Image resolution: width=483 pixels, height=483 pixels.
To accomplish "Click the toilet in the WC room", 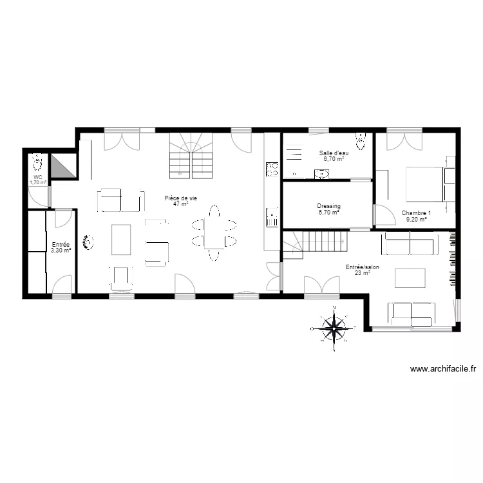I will tap(38, 160).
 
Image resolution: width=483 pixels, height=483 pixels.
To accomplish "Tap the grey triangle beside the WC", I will tap(62, 167).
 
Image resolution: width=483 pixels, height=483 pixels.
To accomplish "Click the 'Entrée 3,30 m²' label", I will tap(61, 247).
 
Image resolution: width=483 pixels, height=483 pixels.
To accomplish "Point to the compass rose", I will tap(334, 328).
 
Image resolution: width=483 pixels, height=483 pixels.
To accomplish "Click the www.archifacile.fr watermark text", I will tap(443, 369).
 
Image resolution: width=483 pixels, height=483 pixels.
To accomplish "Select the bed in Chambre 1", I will tap(426, 184).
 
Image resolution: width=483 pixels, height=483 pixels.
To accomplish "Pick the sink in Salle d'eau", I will tap(320, 173).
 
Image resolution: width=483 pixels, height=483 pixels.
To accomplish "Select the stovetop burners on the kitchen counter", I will tap(272, 169).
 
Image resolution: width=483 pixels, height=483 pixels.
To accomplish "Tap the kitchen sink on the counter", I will tap(272, 216).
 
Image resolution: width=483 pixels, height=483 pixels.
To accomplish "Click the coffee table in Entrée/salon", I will tap(410, 278).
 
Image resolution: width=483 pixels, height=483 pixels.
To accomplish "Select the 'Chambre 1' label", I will tap(417, 216).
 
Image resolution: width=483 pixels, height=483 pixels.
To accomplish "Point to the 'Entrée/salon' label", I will tap(361, 269).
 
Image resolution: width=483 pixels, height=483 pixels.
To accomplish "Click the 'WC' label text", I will tap(38, 177).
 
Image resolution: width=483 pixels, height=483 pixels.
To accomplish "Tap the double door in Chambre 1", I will tap(404, 138).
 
